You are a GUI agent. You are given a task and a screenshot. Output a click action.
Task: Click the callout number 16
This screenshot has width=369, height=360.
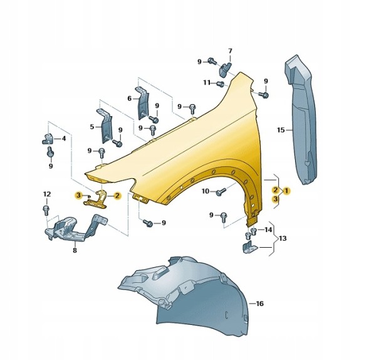tap(259, 304)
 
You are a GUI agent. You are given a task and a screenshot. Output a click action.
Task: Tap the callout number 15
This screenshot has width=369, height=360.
tap(281, 130)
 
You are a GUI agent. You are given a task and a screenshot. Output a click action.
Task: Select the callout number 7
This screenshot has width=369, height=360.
tap(230, 51)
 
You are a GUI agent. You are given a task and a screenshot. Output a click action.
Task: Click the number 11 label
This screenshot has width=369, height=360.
tap(207, 83)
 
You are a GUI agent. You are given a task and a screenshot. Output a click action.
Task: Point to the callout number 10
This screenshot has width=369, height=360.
tap(205, 191)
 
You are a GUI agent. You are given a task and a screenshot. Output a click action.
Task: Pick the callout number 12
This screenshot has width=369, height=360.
tap(47, 194)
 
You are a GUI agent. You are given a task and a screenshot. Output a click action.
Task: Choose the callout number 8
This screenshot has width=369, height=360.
tap(75, 250)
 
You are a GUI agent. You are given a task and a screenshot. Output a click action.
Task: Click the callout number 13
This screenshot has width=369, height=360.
tap(283, 238)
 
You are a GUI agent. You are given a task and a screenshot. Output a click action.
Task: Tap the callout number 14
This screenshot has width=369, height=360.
tap(268, 230)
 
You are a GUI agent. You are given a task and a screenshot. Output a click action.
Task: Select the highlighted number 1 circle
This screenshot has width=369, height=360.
tap(286, 191)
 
